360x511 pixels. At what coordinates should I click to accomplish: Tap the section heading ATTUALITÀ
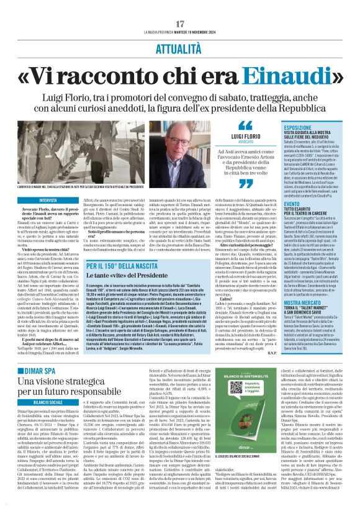coord(180,29)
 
